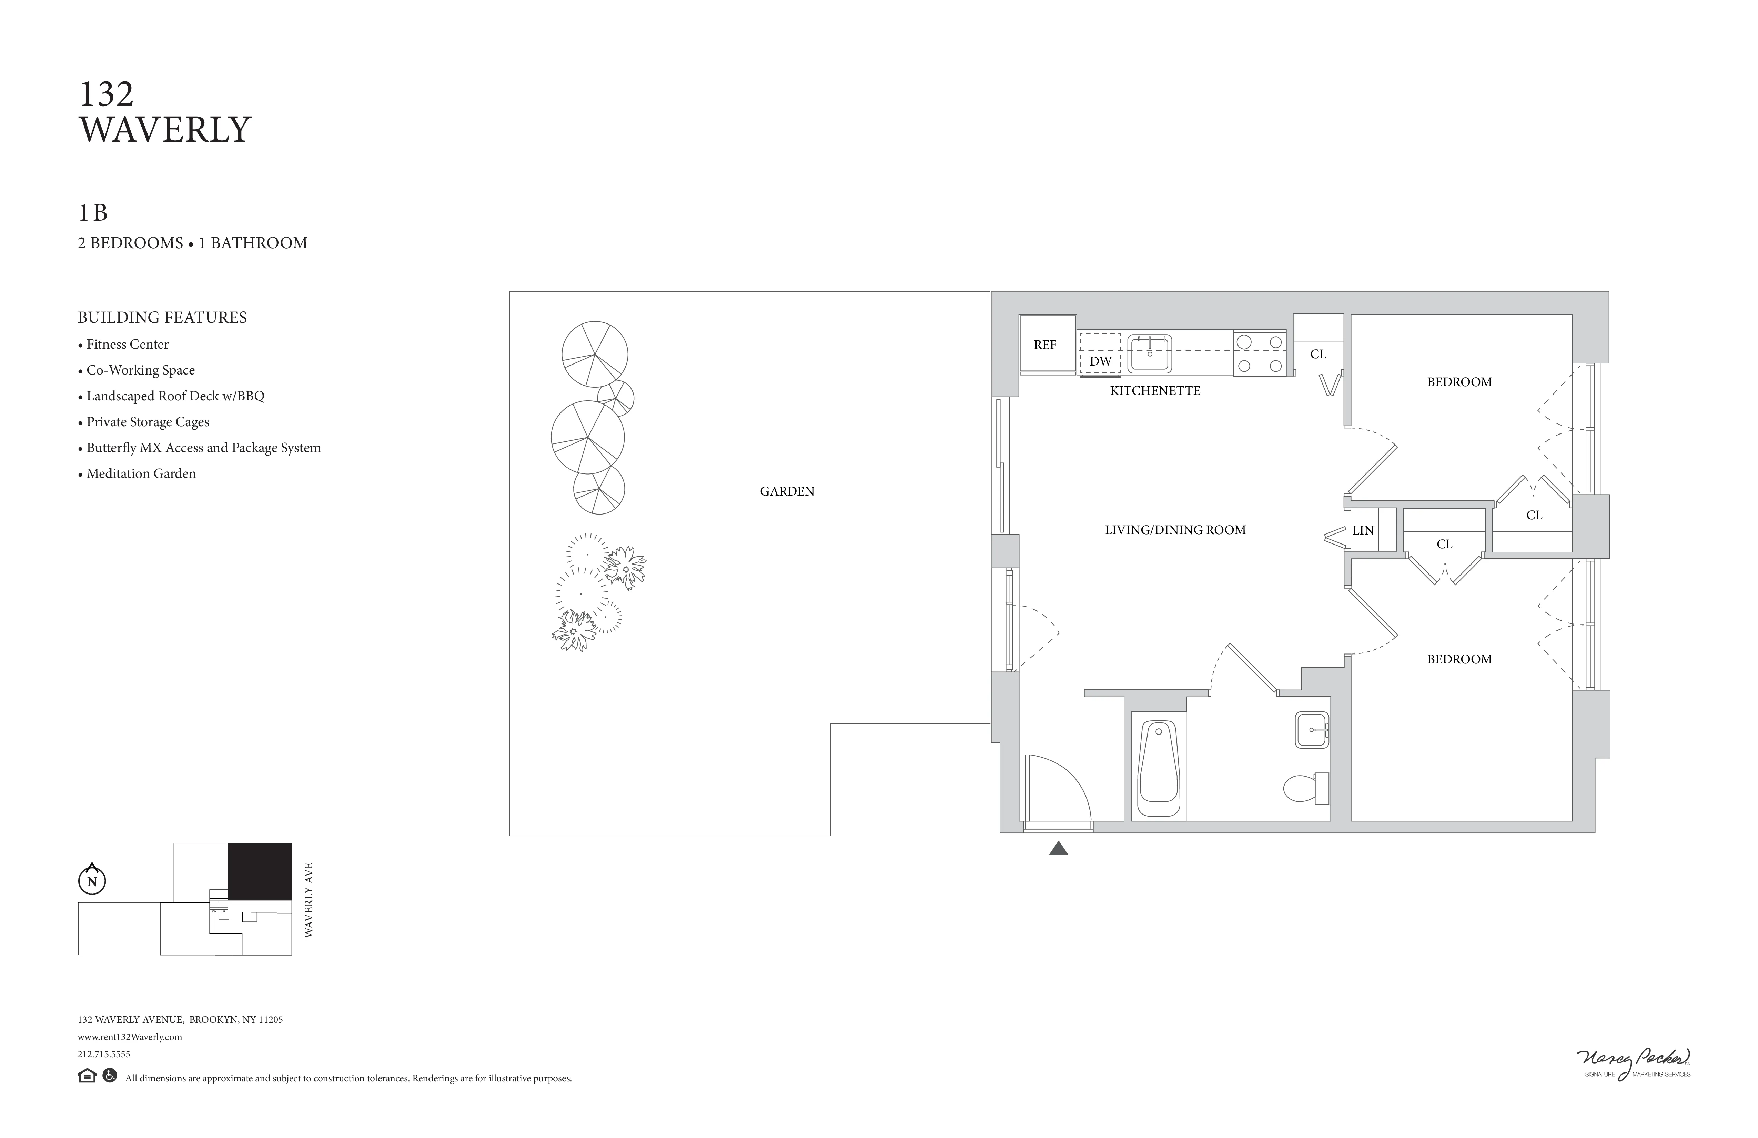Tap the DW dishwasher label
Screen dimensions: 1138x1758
[x=1100, y=361]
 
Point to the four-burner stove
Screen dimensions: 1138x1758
[x=1260, y=353]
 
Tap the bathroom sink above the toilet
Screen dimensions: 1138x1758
[x=1312, y=730]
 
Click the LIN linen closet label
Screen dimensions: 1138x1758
[x=1363, y=531]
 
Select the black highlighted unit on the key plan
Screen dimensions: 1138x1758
[x=259, y=872]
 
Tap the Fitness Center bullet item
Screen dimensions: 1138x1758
[x=127, y=345]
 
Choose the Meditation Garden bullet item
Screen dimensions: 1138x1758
[x=140, y=474]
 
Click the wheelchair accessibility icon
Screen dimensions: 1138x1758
[x=109, y=1076]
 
